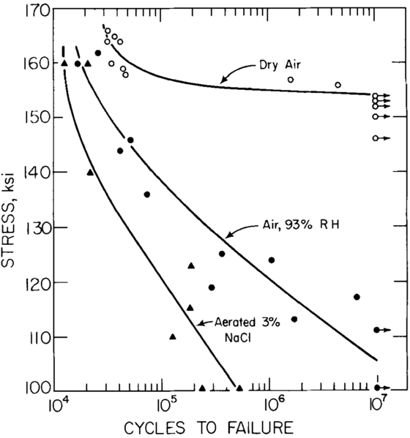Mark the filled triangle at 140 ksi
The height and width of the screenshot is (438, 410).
click(x=90, y=173)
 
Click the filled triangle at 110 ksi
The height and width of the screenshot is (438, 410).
click(x=173, y=337)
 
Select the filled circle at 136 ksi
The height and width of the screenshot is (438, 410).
click(x=147, y=195)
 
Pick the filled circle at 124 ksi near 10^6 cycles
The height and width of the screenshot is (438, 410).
click(x=272, y=260)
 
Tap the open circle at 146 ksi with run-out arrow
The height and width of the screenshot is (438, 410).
click(x=376, y=138)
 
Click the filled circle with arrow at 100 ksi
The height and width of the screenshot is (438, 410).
click(x=377, y=388)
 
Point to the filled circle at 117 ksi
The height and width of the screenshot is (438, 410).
click(x=357, y=297)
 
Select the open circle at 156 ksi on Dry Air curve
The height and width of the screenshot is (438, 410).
click(x=338, y=85)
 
